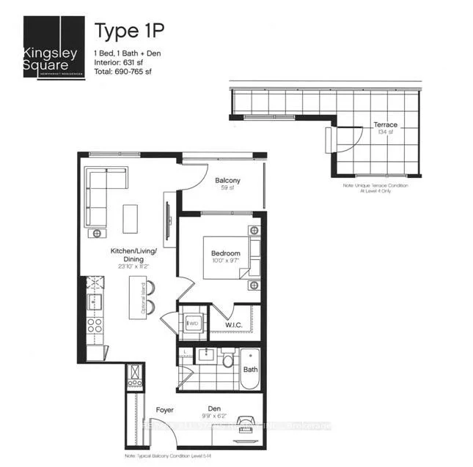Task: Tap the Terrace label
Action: pos(384,125)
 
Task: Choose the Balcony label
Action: pos(227,181)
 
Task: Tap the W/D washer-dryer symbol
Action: pos(194,322)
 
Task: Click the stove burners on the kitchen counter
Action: pos(95,322)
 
